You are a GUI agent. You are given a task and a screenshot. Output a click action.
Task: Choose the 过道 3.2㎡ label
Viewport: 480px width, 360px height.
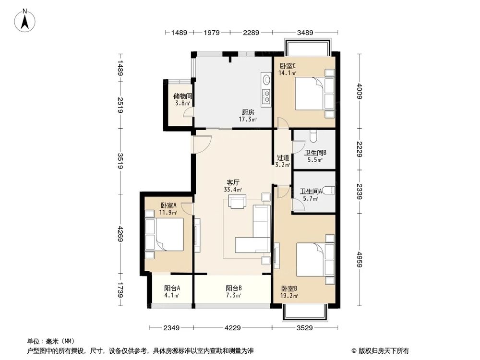283,161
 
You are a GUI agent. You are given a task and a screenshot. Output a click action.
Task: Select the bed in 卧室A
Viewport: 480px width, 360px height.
166,234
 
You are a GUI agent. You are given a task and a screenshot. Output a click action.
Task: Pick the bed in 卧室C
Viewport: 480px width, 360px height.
312,94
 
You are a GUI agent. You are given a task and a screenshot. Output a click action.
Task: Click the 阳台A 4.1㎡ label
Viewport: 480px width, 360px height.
172,291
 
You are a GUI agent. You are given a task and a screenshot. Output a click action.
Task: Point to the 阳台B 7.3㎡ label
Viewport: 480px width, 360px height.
233,291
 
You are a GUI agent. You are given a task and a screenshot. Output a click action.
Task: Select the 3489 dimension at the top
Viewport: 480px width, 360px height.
305,33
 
